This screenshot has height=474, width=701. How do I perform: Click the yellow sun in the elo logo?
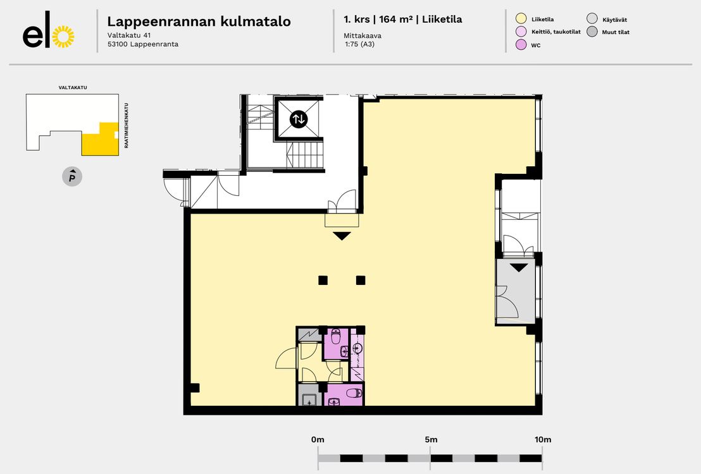[63, 37]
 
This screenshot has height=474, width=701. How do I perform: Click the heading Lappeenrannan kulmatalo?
[199, 21]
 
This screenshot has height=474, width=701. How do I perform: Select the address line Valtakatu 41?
[129, 35]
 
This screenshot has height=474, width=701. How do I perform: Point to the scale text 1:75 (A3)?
[360, 44]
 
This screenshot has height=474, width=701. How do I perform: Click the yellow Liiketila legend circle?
[521, 18]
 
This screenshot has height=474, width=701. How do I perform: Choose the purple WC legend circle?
[521, 44]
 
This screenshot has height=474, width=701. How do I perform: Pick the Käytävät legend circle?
[592, 18]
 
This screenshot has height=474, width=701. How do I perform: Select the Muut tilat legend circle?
[592, 31]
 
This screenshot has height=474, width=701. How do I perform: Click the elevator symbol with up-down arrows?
[298, 119]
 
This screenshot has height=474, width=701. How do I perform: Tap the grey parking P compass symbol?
[72, 176]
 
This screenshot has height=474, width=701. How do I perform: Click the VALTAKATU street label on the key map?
[73, 88]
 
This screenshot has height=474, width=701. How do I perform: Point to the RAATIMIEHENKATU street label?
[127, 126]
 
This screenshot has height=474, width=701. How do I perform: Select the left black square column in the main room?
[323, 280]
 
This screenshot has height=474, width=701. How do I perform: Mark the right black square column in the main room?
[361, 280]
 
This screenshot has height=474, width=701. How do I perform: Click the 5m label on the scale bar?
[431, 440]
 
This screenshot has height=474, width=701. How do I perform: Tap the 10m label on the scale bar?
[543, 440]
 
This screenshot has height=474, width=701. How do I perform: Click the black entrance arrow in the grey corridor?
[519, 268]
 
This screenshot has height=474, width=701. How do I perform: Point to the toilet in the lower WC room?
[354, 394]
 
